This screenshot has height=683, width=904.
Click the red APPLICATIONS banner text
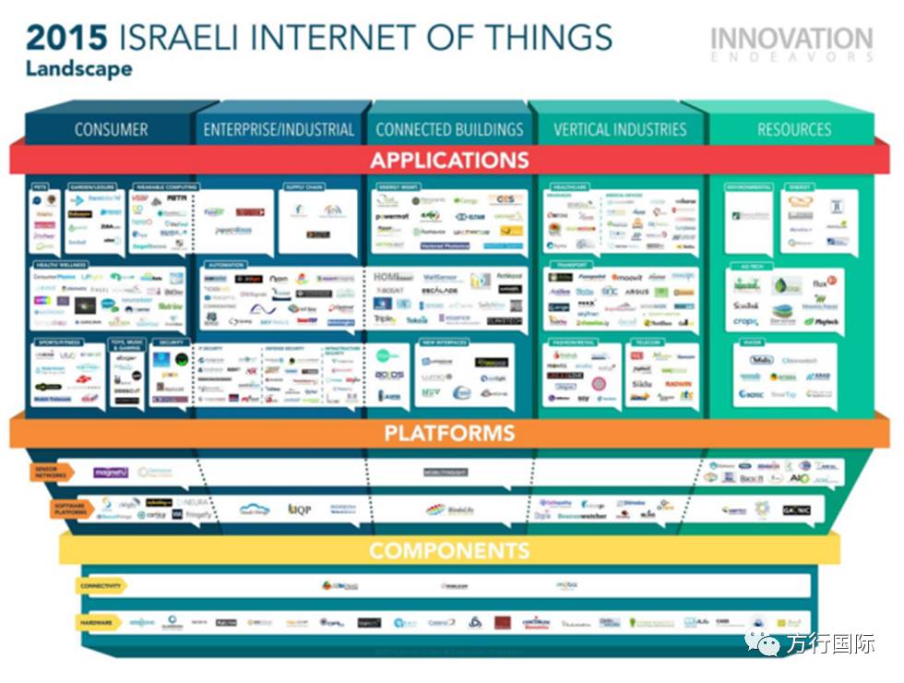pos(450,160)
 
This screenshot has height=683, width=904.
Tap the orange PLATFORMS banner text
pos(450,432)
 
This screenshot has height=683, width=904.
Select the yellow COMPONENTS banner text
pos(450,551)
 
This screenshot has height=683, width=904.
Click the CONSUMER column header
pos(111,129)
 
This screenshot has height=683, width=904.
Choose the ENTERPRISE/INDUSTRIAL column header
pos(279,129)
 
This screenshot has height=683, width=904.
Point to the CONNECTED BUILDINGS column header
pos(449,129)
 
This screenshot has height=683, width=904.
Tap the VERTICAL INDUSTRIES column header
pos(620,129)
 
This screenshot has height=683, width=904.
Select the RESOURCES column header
pos(793,129)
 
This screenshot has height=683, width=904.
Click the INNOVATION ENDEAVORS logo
pos(791,43)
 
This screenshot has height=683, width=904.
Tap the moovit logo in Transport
pos(626,276)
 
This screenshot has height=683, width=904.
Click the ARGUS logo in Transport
pos(636,292)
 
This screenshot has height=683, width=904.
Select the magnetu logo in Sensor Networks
pos(110,473)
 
